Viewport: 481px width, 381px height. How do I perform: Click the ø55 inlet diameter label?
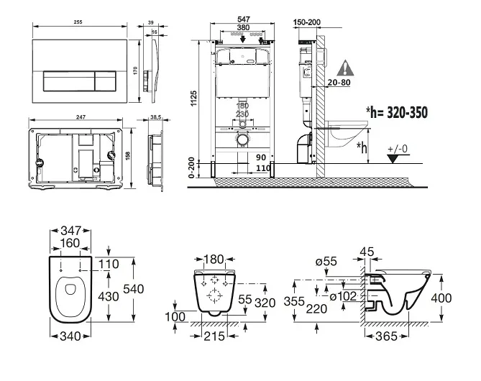(326, 261)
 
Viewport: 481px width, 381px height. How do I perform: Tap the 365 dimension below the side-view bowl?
(388, 336)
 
